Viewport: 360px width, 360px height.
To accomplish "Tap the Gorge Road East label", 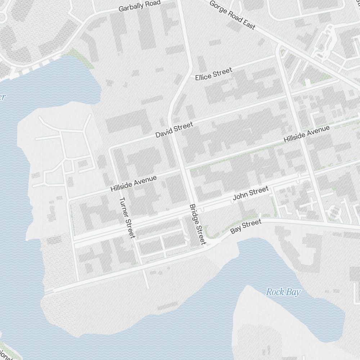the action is (232, 15).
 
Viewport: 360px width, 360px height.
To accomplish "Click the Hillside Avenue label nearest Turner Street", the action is (134, 183).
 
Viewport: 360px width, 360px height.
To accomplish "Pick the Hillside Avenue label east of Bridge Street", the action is (306, 134).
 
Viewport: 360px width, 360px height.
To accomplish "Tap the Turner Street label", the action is (127, 217).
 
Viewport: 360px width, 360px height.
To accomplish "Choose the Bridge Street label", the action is (197, 224).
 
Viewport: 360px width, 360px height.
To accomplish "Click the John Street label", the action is (251, 193).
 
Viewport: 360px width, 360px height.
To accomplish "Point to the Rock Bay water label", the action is (283, 292).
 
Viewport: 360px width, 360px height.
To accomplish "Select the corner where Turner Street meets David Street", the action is (110, 148).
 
